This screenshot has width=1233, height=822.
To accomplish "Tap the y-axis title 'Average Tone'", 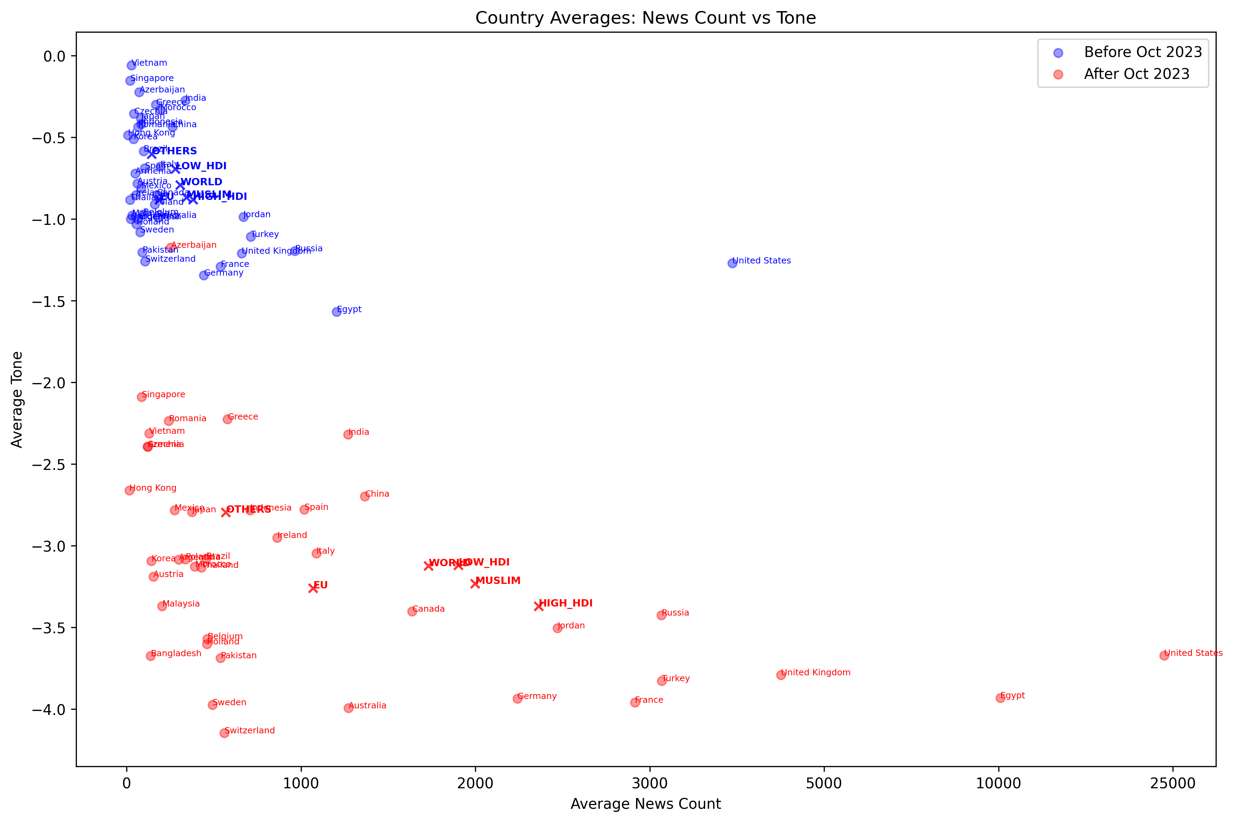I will coord(17,399).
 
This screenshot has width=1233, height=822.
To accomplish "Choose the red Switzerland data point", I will coord(225,733).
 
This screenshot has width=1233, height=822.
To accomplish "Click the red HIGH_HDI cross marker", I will coord(538,607).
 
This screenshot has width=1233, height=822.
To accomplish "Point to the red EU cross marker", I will coord(313,588).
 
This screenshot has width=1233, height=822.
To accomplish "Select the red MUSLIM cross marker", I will coord(475,584).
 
